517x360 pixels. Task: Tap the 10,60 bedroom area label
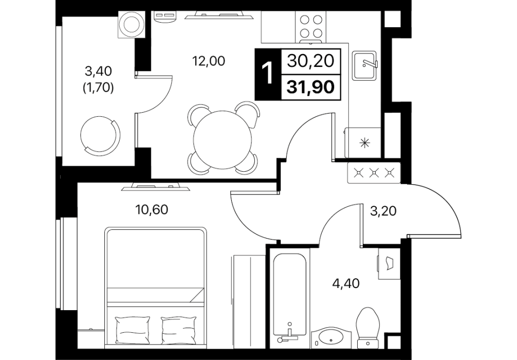pos(152,209)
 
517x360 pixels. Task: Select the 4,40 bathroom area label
pos(346,283)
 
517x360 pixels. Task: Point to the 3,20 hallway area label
pos(383,211)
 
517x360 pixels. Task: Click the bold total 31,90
pos(310,87)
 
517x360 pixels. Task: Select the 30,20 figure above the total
pos(310,61)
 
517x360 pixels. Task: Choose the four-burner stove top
pos(311,26)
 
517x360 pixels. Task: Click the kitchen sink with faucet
pos(365,65)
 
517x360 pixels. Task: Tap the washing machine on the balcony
pos(132,25)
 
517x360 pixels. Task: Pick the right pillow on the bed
pos(178,330)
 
